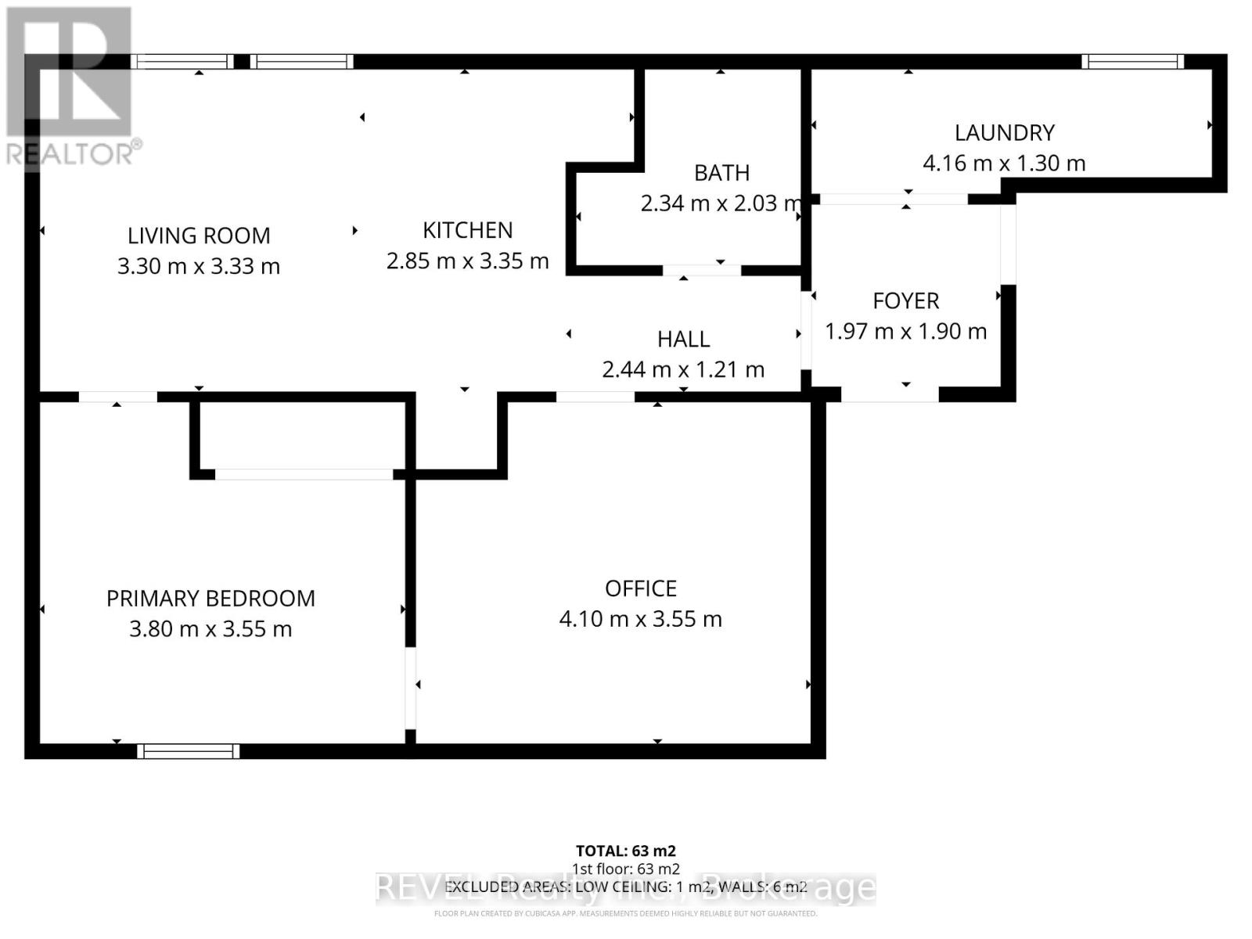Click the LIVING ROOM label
coord(199,236)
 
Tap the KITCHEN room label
coord(468,230)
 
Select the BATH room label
coord(721,173)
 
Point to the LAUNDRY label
coord(1004,133)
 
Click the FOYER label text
coord(905,301)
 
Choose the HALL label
coord(683,340)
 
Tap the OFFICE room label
coord(640,588)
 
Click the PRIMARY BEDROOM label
coord(210,599)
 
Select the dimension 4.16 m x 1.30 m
coord(1004,164)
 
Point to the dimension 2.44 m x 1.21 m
coord(683,369)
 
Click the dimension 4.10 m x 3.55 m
coord(640,619)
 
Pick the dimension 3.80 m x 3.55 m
coord(210,629)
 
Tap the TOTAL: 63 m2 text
coord(625,851)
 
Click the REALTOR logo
coord(70,86)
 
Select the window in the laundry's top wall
coord(1132,62)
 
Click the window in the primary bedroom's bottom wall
coord(188,751)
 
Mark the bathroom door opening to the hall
coord(702,271)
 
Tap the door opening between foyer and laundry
coord(894,200)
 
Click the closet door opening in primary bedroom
coord(304,474)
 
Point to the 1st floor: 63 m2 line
coord(625,869)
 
